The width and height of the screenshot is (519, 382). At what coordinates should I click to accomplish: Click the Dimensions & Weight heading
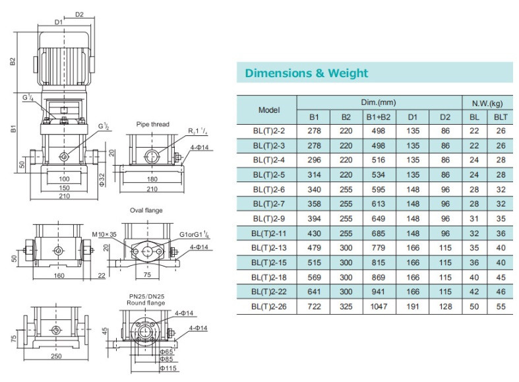tap(307, 73)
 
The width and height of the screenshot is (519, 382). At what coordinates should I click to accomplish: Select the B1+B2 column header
tap(379, 117)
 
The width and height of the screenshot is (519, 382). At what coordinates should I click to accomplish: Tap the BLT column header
tap(501, 117)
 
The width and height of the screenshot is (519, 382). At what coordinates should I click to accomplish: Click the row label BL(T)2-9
tap(269, 219)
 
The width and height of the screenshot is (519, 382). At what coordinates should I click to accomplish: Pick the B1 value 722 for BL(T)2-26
tap(314, 307)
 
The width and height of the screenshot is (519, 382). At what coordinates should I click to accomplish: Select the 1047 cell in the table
tap(379, 307)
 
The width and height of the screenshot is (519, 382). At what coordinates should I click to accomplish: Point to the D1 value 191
tap(413, 307)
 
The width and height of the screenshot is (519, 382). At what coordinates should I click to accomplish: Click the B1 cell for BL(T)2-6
tap(314, 189)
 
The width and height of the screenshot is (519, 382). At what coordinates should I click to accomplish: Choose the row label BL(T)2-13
tap(269, 248)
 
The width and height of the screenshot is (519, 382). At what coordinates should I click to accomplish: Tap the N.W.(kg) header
tap(487, 104)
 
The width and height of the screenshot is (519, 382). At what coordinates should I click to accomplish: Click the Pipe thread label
tap(152, 124)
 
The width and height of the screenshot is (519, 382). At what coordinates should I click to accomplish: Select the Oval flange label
tap(146, 210)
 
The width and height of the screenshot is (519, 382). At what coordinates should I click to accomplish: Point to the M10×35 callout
tap(104, 234)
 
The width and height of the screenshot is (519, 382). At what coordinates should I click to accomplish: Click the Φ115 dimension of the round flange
tap(168, 368)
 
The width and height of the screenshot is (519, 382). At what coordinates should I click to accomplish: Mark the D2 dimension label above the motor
tap(79, 15)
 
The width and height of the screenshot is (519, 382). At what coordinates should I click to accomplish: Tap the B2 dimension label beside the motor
tap(13, 61)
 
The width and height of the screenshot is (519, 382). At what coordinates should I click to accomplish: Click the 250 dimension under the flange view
tap(56, 356)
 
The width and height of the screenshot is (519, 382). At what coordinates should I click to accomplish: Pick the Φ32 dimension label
tap(102, 179)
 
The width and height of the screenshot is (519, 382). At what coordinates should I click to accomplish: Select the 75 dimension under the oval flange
tap(147, 274)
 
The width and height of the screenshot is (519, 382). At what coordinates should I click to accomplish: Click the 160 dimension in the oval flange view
tap(59, 275)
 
